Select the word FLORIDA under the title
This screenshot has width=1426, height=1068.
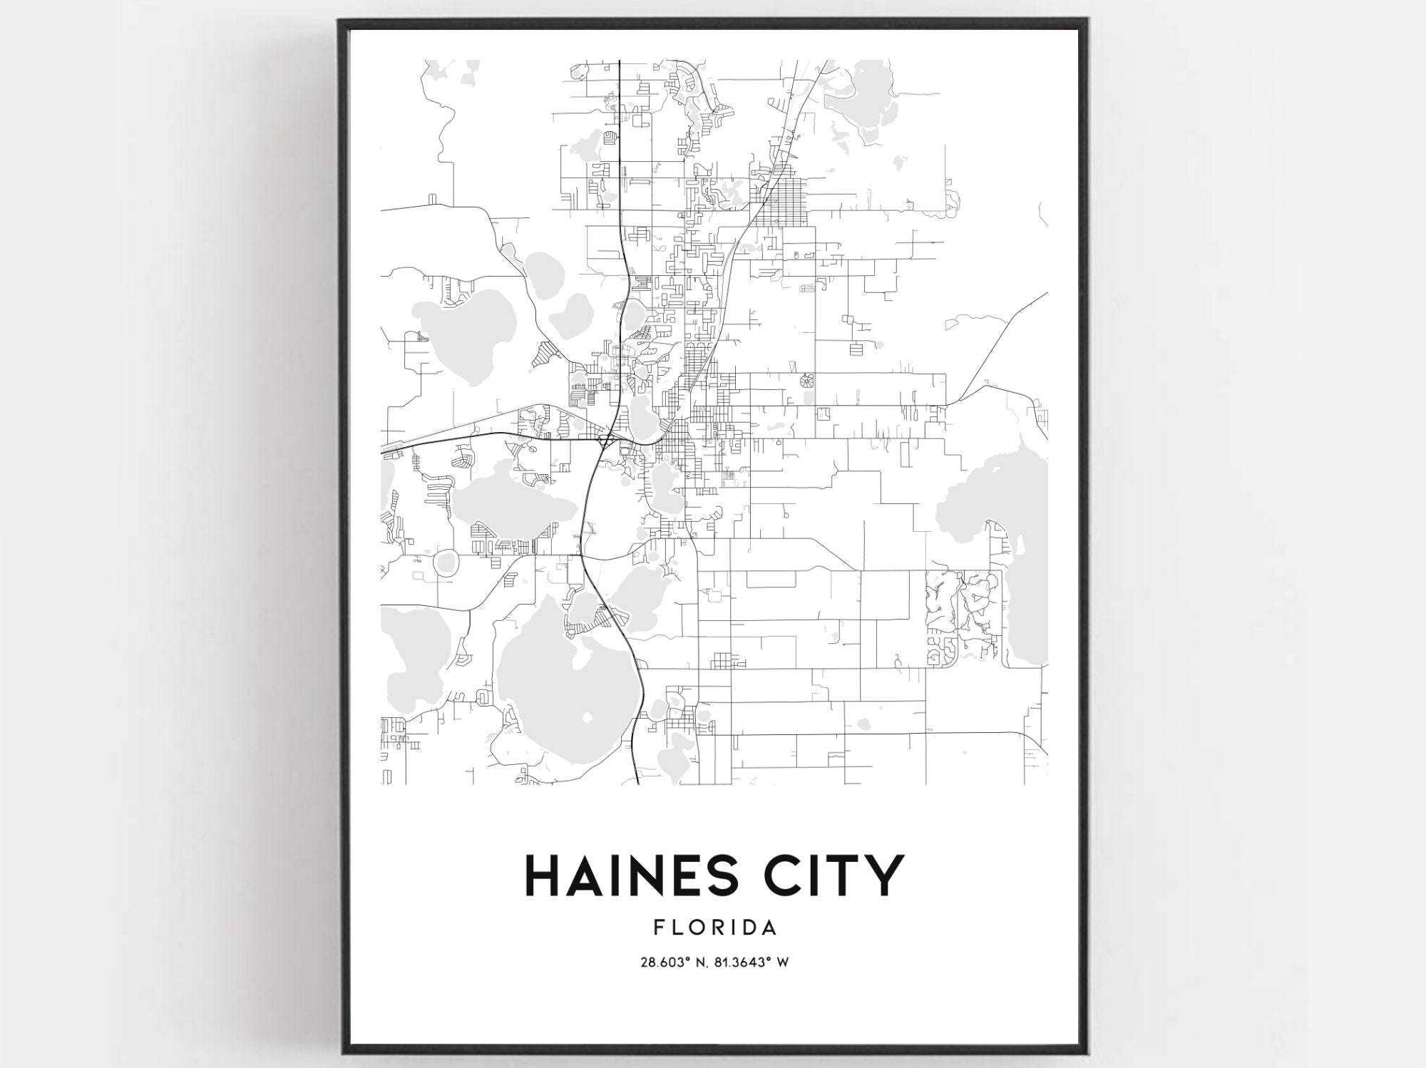tap(714, 928)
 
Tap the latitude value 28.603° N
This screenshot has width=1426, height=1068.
tap(673, 962)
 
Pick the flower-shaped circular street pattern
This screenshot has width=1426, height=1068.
tap(807, 381)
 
